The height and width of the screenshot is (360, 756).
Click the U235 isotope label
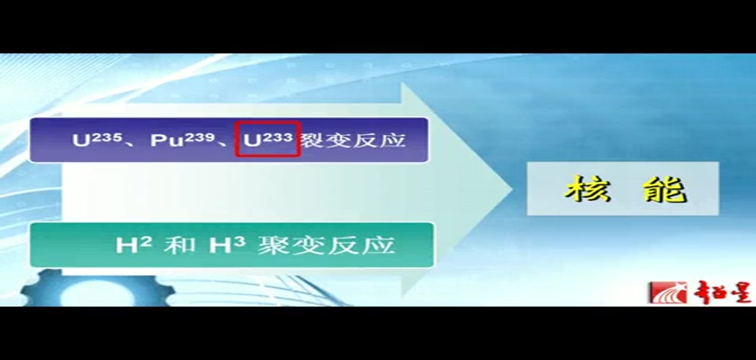97,139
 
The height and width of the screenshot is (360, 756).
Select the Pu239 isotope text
183,139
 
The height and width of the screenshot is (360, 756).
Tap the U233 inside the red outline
268,139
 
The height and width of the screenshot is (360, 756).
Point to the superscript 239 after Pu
198,137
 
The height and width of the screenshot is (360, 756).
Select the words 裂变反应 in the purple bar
352,139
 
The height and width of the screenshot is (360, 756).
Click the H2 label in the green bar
133,244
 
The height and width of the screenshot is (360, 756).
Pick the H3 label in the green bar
227,244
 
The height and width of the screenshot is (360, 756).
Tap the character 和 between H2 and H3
180,245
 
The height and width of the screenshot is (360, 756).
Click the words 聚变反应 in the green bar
326,245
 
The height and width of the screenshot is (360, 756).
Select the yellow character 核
588,188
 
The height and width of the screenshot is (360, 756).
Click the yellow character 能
664,188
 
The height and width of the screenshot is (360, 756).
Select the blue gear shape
96,288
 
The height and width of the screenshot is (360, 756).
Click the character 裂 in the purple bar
312,139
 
